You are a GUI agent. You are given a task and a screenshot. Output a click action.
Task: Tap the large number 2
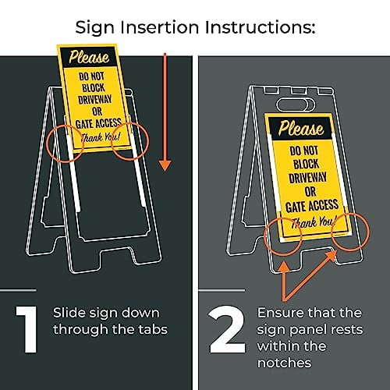[x=228, y=331]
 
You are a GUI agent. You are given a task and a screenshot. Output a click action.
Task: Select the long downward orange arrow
[x=165, y=109]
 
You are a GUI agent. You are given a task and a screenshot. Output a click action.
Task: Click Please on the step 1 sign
[x=88, y=57]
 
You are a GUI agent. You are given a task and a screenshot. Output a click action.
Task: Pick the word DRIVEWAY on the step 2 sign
[x=300, y=177]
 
